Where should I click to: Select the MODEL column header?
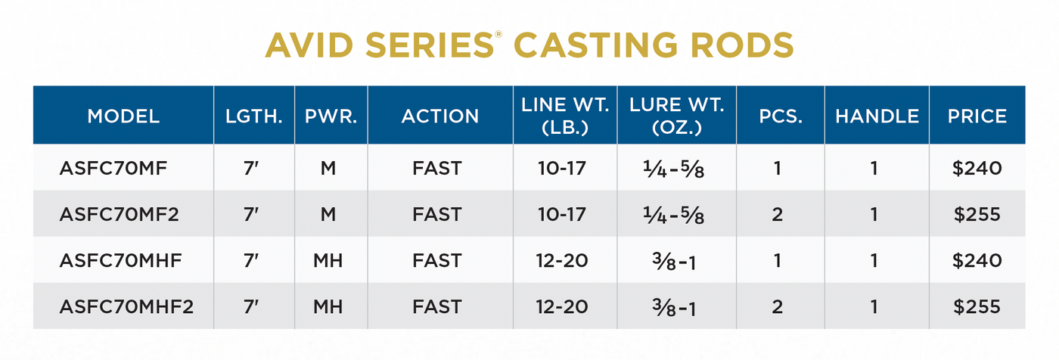point(123,116)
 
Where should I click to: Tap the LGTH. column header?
point(254,116)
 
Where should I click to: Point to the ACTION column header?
point(439,116)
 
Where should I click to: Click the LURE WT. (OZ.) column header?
point(677,116)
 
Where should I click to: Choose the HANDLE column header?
point(877,116)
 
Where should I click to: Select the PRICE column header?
point(977,116)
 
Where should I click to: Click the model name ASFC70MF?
point(113,168)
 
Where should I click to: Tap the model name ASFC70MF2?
point(120,215)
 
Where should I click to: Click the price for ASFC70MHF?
point(977,261)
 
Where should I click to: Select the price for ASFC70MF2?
point(977,215)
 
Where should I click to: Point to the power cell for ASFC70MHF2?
point(328,307)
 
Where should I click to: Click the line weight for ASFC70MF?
point(561,168)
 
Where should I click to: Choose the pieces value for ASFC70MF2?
point(778,215)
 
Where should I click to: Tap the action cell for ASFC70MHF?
point(436,261)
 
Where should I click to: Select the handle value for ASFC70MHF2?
point(874,307)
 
